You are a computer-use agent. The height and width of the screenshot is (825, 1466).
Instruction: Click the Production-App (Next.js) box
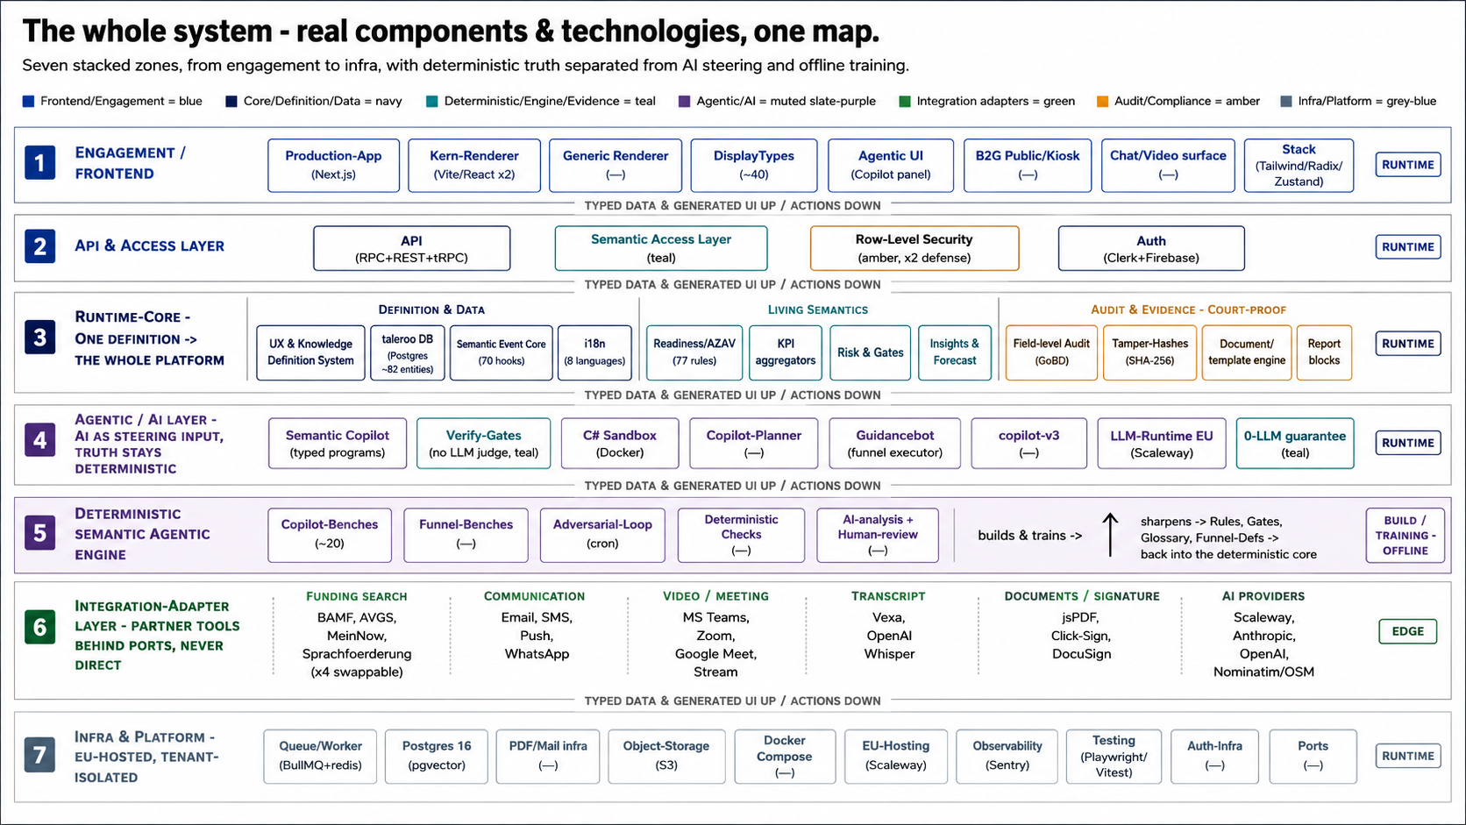coord(333,165)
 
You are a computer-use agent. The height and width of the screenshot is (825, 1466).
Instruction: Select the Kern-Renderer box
coord(474,165)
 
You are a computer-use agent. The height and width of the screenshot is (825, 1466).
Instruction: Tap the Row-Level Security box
coord(914,248)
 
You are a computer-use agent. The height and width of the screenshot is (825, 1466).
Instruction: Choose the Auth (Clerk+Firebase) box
coord(1151,248)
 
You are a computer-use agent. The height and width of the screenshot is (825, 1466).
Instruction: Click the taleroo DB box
coord(407,352)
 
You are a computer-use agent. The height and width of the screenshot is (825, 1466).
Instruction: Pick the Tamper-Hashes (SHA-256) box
coord(1149,352)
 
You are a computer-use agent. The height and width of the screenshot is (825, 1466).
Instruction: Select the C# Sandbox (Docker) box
coord(620,443)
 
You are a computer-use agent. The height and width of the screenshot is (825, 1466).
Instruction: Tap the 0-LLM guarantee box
coord(1294,443)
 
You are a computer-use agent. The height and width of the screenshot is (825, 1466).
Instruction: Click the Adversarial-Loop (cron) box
coord(602,535)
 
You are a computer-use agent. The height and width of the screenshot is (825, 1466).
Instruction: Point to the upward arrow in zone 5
coord(1110,535)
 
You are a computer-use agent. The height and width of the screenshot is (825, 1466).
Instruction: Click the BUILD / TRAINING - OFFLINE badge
coord(1406,535)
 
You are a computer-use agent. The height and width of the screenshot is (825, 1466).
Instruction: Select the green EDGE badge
coord(1408,631)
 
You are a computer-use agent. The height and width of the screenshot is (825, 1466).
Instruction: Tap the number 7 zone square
coord(40,755)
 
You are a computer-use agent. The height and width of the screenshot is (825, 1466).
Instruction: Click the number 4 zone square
coord(40,439)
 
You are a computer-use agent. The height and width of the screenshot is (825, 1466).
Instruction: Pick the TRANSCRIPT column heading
coord(888,596)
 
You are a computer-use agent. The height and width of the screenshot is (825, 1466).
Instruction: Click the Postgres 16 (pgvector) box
coord(437,757)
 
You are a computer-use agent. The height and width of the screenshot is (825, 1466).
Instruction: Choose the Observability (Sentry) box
coord(1007,757)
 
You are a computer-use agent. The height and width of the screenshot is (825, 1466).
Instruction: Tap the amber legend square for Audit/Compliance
coord(1103,102)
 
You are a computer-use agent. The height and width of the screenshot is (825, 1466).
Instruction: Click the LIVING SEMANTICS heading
coord(818,309)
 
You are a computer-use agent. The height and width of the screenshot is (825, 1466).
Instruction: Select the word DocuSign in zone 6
coord(1081,653)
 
